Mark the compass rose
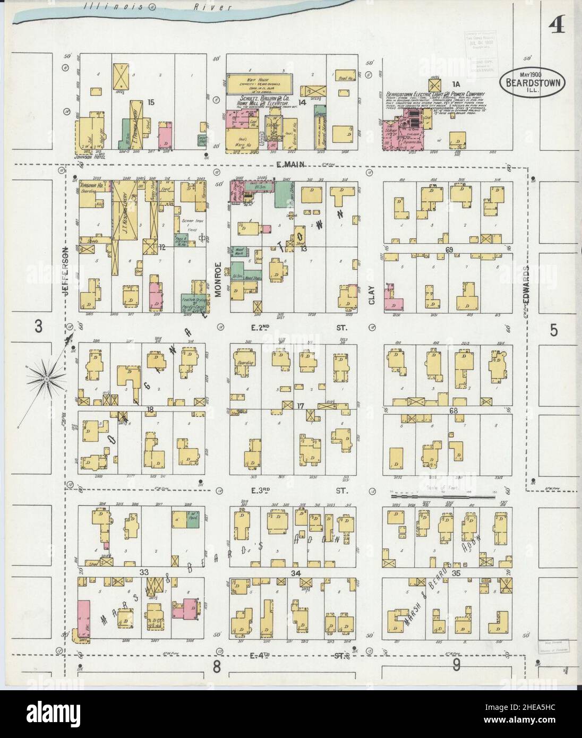[x=47, y=378]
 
